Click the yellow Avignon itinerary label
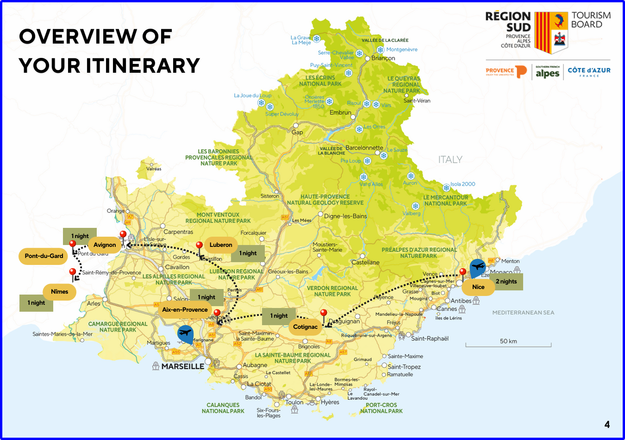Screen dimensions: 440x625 [x=105, y=245]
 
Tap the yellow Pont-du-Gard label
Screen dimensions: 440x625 [x=44, y=256]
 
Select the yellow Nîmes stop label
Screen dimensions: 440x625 [x=59, y=292]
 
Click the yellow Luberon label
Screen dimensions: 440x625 [x=221, y=245]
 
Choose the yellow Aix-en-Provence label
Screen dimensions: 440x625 [x=185, y=310]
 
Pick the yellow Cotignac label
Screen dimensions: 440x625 [x=305, y=327]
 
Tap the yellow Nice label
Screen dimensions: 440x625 [x=478, y=287]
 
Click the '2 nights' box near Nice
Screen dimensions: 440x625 [x=506, y=282]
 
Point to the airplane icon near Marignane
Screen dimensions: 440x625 [x=185, y=333]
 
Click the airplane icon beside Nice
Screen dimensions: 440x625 [x=477, y=267]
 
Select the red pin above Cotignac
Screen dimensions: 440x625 [x=324, y=314]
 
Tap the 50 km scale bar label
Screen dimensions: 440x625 [x=508, y=341]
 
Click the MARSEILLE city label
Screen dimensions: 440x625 [x=182, y=366]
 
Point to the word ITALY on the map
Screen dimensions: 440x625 [x=450, y=160]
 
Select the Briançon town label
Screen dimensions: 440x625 [x=383, y=58]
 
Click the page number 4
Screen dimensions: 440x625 [x=607, y=424]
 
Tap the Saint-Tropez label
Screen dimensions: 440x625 [x=404, y=367]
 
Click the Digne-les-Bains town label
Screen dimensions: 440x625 [x=345, y=216]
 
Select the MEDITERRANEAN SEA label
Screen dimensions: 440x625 [x=523, y=313]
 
